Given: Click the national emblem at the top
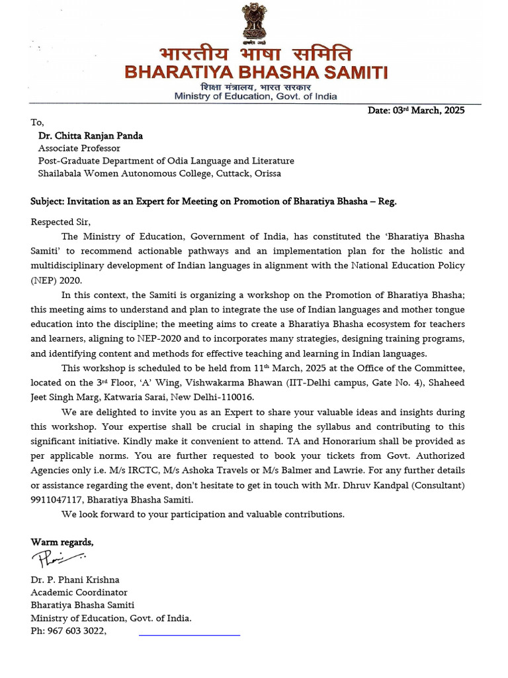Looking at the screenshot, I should coord(254,21).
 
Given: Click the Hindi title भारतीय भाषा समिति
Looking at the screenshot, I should coord(255,54).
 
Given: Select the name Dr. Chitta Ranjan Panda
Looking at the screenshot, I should coord(90,136).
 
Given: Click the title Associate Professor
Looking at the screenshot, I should coord(80,148).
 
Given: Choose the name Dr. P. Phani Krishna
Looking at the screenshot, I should coord(76,580).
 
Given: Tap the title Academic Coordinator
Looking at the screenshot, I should coord(79,593).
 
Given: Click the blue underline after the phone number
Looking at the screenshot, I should coord(189,635).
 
